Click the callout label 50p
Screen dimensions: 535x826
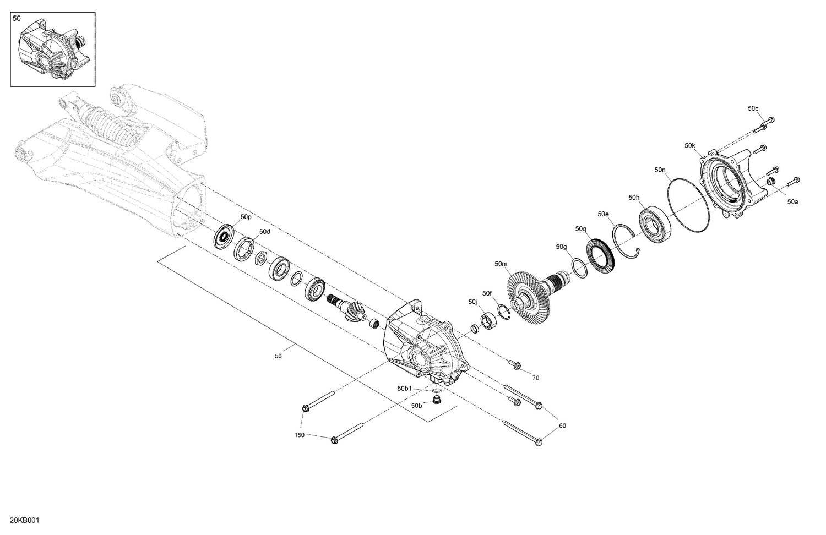pyautogui.click(x=246, y=217)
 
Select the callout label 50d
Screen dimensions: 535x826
pyautogui.click(x=265, y=232)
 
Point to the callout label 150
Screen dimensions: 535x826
pyautogui.click(x=300, y=435)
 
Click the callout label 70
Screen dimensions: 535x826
pyautogui.click(x=535, y=378)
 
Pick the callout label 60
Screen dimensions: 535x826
pyautogui.click(x=562, y=425)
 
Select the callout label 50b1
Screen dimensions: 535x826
pyautogui.click(x=405, y=388)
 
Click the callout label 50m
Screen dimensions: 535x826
pyautogui.click(x=501, y=264)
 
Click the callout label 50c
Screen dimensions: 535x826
pyautogui.click(x=753, y=108)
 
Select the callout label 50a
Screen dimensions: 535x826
pyautogui.click(x=792, y=202)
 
